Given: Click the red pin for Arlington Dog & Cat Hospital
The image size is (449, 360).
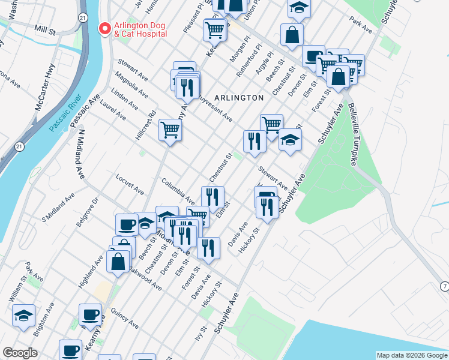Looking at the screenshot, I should pos(105,29).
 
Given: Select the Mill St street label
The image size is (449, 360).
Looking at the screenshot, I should pos(45,28).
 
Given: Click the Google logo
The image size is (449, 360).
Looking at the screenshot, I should pos(20,353).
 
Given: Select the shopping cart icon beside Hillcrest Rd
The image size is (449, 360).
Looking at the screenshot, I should pos(170,128).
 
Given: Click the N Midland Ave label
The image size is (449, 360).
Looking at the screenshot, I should pos(80,156).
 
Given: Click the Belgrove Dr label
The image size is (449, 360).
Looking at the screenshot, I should pos(86,213).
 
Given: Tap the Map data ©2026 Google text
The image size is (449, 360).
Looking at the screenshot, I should pos(412,355).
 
